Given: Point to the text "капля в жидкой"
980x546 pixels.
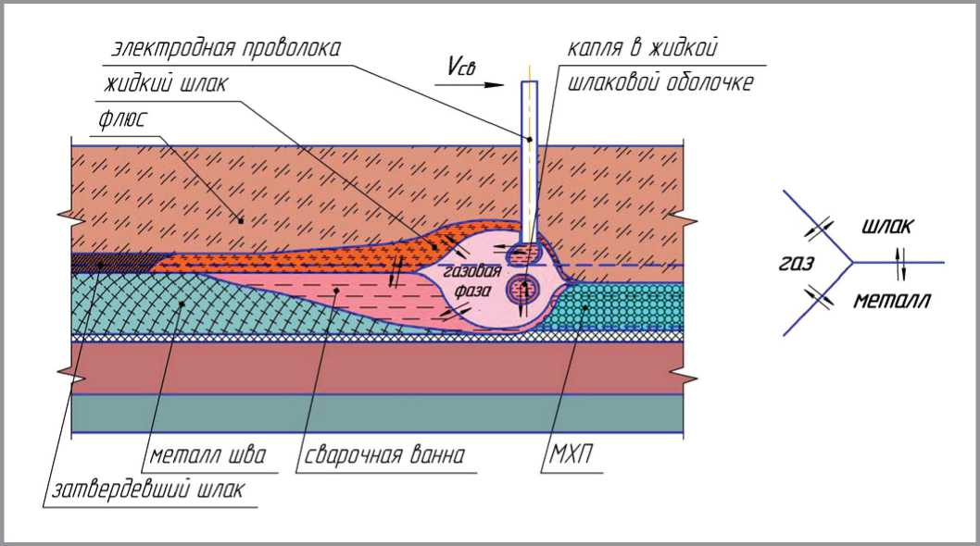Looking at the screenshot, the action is pyautogui.click(x=645, y=48).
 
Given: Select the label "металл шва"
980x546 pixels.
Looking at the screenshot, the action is pyautogui.click(x=207, y=456).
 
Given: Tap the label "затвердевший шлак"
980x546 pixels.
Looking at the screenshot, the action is pyautogui.click(x=143, y=490).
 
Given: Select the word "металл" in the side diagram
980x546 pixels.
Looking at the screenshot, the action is pyautogui.click(x=892, y=300).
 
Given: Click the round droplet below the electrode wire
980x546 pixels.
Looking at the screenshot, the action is pyautogui.click(x=524, y=289).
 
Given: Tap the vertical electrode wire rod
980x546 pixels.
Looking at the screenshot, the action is pyautogui.click(x=529, y=157).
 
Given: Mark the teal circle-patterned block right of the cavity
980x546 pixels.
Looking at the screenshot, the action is pyautogui.click(x=622, y=306).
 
